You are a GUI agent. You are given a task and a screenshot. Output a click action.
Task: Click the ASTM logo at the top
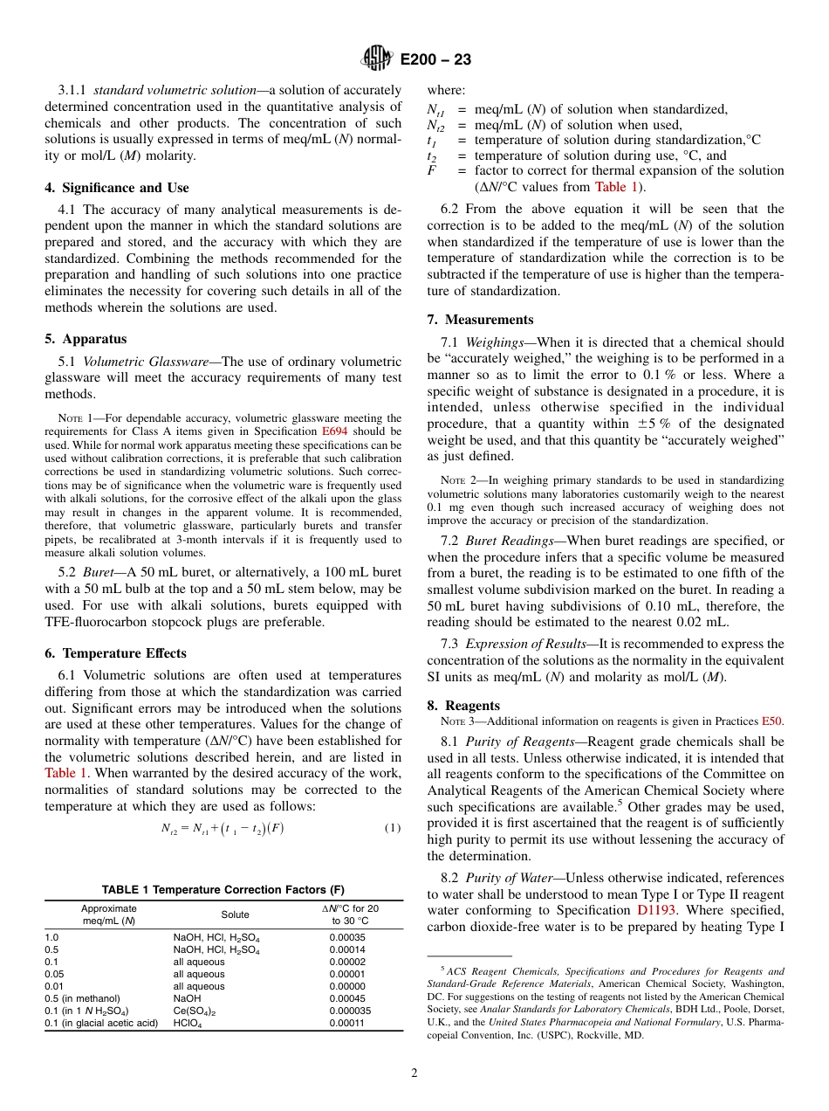[377, 59]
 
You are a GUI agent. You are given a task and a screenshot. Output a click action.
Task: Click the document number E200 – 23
[436, 59]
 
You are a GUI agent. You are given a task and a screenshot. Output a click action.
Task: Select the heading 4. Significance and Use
[117, 188]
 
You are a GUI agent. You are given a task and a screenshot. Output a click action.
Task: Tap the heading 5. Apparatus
[86, 339]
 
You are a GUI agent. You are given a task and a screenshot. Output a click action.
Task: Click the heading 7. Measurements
[480, 320]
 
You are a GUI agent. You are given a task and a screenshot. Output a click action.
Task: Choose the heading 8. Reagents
[463, 706]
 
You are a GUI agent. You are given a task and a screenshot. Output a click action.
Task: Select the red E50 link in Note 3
[772, 721]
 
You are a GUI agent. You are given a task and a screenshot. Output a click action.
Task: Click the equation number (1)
[392, 828]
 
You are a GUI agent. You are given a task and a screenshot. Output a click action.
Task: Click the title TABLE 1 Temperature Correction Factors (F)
[223, 890]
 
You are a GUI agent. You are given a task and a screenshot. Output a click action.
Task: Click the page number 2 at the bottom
[414, 1073]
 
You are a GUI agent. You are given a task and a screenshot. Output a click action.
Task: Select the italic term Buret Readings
[502, 541]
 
